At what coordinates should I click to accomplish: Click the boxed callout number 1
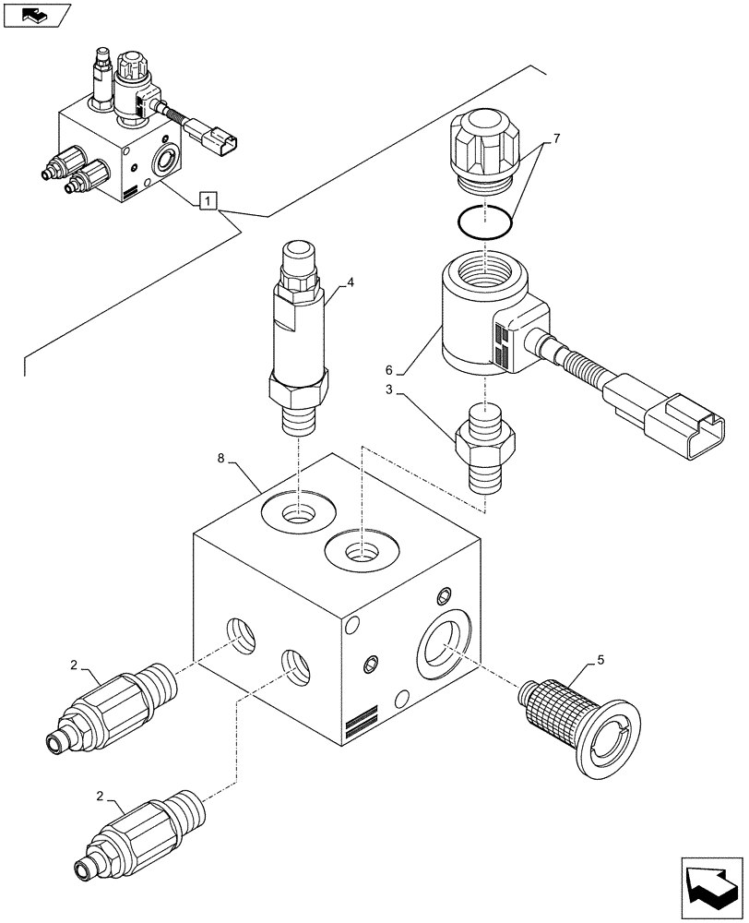coord(209,199)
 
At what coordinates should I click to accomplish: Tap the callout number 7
coord(555,139)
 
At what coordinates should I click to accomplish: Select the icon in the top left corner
coord(36,15)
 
